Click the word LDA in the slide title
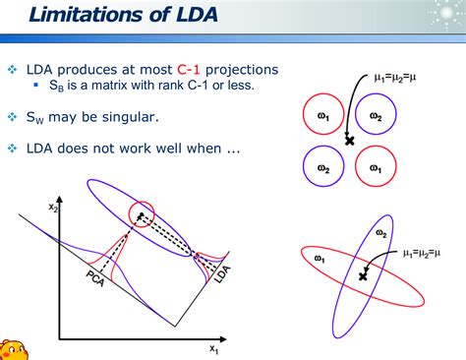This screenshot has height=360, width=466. tap(198, 15)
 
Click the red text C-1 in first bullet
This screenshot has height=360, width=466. tap(189, 70)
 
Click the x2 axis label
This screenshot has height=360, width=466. tap(53, 208)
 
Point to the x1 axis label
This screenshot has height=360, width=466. tap(214, 349)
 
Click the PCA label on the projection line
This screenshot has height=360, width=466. tap(95, 278)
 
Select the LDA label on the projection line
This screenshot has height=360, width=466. tap(222, 274)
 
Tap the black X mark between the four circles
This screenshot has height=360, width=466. tap(350, 141)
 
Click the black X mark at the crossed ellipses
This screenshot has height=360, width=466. tap(363, 276)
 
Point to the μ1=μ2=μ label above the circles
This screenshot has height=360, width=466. tap(395, 78)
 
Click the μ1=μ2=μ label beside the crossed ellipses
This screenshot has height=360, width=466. tap(422, 254)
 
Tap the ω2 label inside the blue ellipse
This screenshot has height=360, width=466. tap(381, 233)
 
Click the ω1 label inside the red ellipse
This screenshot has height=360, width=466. tap(320, 259)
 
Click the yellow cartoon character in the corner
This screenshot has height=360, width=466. tap(13, 350)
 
